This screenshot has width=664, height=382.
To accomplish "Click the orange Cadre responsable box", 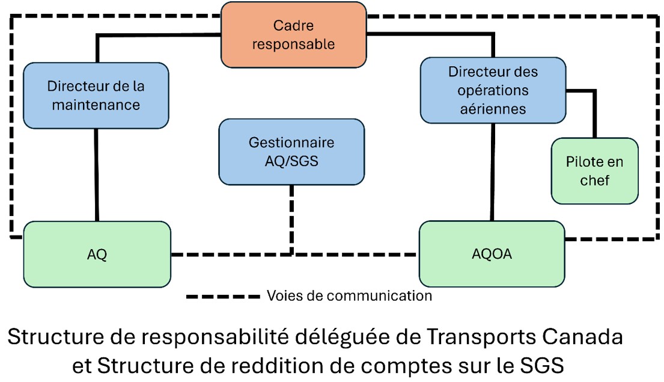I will (x=294, y=35).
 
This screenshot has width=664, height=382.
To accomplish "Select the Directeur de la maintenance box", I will (x=96, y=95).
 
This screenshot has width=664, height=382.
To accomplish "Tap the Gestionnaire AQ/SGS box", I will (x=291, y=152).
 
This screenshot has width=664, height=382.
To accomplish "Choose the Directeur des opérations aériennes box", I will (x=493, y=90).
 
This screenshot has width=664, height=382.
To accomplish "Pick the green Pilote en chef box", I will (x=594, y=171).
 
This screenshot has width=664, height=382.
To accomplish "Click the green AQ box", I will (x=97, y=254).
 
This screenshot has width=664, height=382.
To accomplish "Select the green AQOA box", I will (x=492, y=254).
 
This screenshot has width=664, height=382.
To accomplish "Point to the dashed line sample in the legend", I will (x=223, y=297).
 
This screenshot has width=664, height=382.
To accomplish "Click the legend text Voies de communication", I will (x=349, y=296).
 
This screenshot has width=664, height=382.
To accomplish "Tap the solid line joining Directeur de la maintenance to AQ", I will (x=97, y=174).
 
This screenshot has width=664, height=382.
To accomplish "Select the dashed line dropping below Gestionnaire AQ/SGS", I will (x=292, y=217).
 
